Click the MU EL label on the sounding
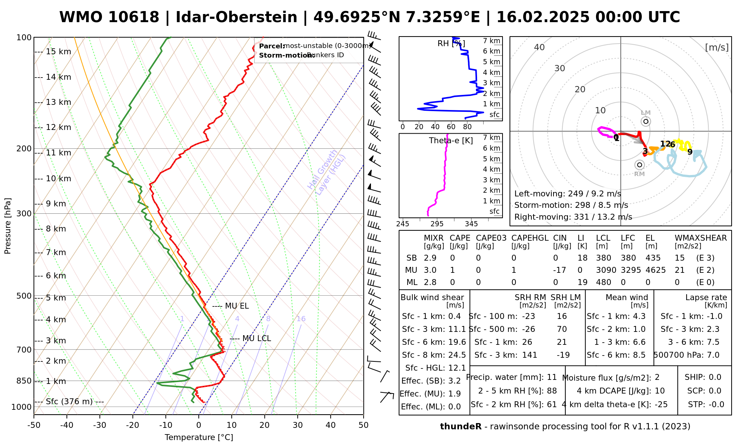[236, 306]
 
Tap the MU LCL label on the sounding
[256, 339]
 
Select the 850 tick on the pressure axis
[24, 381]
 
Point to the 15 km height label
[58, 52]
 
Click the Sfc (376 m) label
[69, 401]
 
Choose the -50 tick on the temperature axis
[34, 425]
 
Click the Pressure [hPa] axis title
[8, 226]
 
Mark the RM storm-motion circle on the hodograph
[640, 165]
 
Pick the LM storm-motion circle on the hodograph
[646, 121]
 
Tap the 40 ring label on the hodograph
[539, 47]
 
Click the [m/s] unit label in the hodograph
[716, 47]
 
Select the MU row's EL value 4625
[655, 270]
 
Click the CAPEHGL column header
[529, 238]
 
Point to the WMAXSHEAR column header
[701, 238]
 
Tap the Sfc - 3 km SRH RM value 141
[529, 355]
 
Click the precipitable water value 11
[552, 377]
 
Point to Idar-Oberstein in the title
[236, 17]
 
